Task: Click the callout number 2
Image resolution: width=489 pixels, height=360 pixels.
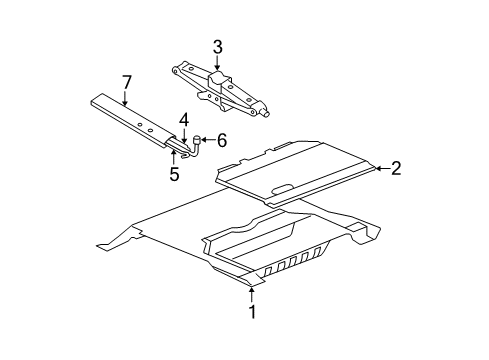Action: pos(395,169)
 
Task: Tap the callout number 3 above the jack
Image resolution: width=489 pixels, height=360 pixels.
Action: pos(217,46)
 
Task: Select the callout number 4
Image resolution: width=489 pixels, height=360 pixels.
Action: pos(184,121)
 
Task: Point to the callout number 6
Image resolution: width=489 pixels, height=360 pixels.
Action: pos(221,140)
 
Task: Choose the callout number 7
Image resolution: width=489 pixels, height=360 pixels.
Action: pos(125,82)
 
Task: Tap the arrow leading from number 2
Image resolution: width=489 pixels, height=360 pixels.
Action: pos(381,169)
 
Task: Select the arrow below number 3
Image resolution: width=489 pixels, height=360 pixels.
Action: pos(217,64)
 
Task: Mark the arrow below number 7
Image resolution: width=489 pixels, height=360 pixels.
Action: pos(125,99)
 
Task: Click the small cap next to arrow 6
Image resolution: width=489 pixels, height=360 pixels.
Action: pos(199,140)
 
